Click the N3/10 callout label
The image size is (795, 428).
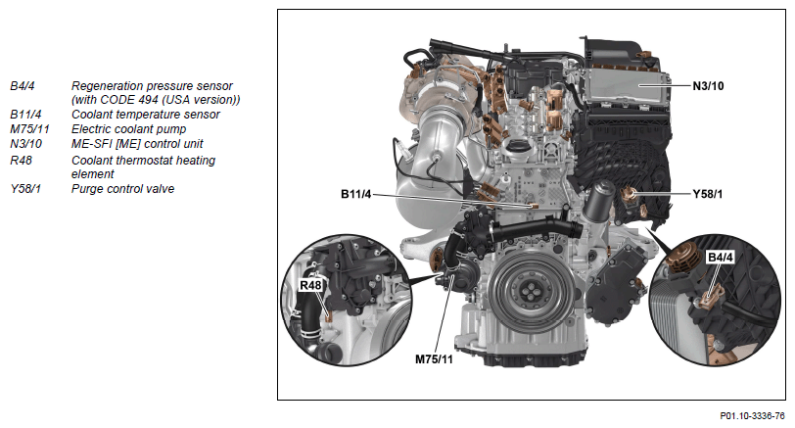pyautogui.click(x=708, y=86)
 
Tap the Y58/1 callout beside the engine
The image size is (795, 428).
pyautogui.click(x=708, y=194)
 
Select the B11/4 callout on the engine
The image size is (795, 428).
pyautogui.click(x=356, y=194)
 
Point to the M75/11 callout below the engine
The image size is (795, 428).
pyautogui.click(x=434, y=359)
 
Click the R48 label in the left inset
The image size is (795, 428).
pyautogui.click(x=310, y=286)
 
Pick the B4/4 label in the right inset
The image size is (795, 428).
pyautogui.click(x=720, y=258)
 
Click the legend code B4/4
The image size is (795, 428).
pyautogui.click(x=23, y=86)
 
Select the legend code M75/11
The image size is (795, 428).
pyautogui.click(x=29, y=129)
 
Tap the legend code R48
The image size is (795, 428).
pyautogui.click(x=21, y=161)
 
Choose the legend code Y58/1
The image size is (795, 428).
pyautogui.click(x=25, y=189)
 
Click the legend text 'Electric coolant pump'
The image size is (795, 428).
pyautogui.click(x=129, y=129)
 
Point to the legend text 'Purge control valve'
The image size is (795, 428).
pyautogui.click(x=122, y=189)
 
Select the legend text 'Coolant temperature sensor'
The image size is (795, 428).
pyautogui.click(x=146, y=115)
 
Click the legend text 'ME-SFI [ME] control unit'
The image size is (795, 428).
pyautogui.click(x=137, y=144)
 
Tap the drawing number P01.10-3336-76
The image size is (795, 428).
pyautogui.click(x=752, y=416)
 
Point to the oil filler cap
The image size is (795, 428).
pyautogui.click(x=516, y=149)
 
